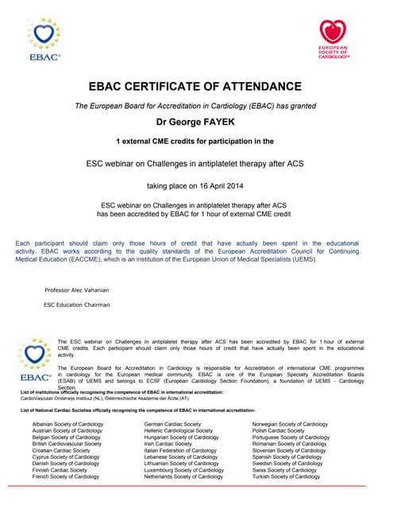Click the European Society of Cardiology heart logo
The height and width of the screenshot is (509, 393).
(333, 39)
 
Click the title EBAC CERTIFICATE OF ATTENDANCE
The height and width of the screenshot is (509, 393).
(195, 86)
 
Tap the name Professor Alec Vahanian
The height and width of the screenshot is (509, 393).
(77, 289)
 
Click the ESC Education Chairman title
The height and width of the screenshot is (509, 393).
(77, 305)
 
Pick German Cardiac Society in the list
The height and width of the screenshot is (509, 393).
(172, 425)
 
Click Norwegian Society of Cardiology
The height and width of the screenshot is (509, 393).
(290, 425)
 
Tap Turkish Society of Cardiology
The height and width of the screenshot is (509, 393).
(287, 476)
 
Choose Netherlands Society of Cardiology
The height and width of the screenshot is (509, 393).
(183, 476)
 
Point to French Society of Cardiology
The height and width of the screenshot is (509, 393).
(65, 476)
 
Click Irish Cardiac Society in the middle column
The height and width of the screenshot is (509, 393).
(168, 444)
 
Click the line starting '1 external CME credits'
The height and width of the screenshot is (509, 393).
(195, 141)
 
